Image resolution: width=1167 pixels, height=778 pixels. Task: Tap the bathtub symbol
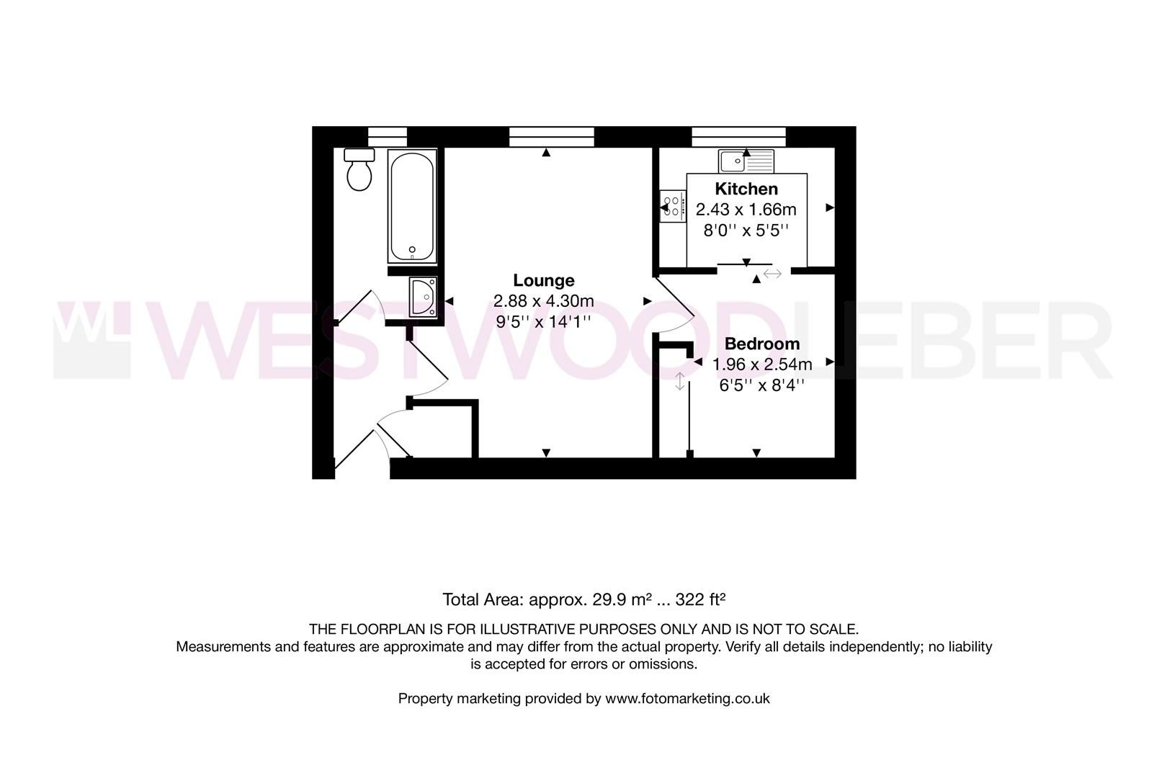coord(411,206)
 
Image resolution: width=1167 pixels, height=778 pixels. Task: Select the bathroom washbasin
coord(423,297)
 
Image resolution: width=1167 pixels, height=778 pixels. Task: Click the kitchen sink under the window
coord(746,161)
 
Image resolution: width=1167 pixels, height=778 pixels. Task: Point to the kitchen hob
coord(673,207)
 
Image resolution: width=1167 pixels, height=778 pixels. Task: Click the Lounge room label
coord(544,280)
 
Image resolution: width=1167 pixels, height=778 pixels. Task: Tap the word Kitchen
coord(746,189)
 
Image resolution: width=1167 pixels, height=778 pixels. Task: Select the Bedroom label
coord(762,344)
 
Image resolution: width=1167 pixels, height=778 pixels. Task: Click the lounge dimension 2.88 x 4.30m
coord(544,301)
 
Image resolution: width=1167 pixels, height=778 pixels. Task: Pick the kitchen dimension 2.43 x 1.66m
coord(746,210)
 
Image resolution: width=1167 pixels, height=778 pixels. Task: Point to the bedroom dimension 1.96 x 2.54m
coord(762,365)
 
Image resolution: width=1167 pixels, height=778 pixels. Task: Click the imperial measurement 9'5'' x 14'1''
coord(544,321)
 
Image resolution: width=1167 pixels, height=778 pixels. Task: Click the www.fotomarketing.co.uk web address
coord(687,698)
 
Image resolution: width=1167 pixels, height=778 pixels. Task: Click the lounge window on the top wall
coord(552,136)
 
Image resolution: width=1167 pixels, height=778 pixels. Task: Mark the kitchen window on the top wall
coord(738,136)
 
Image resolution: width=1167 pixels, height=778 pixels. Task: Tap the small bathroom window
coord(388,136)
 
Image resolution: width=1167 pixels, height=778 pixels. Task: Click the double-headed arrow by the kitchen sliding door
coord(773,274)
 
